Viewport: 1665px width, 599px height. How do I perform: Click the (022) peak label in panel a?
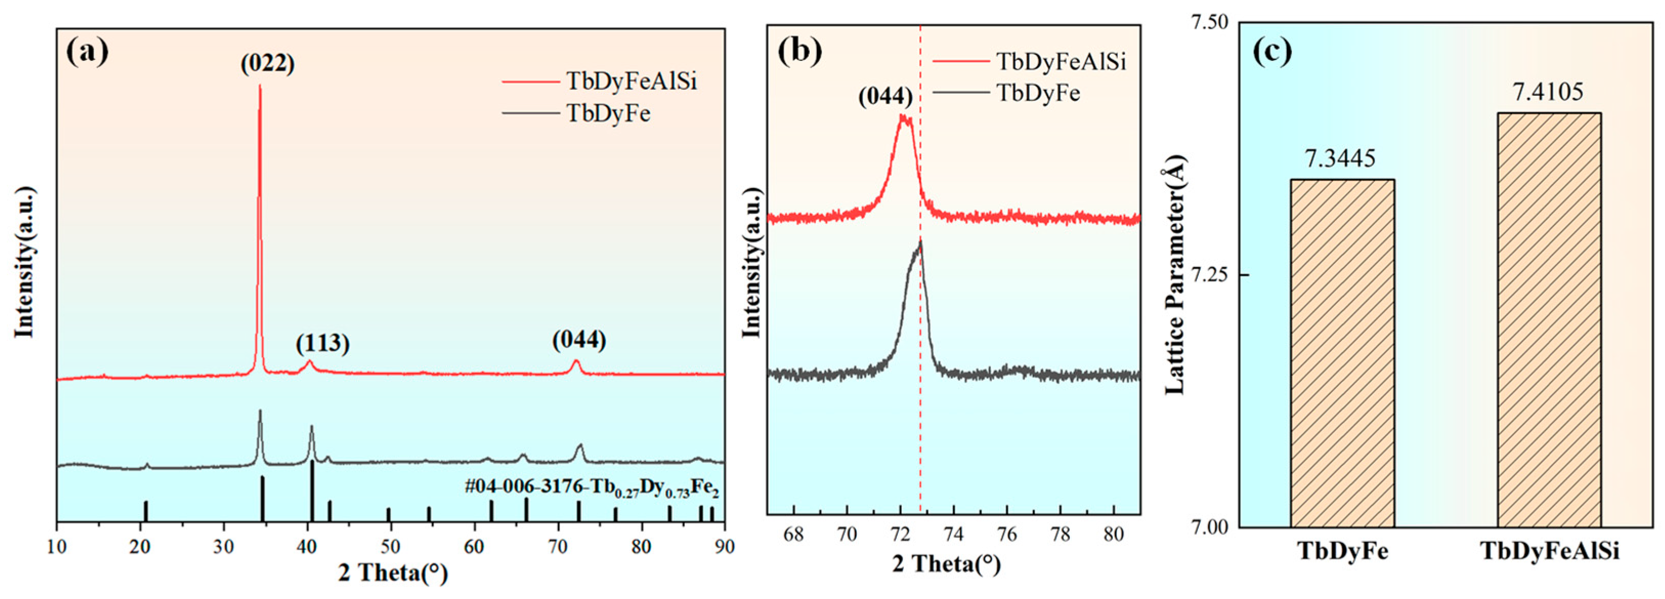coord(268,64)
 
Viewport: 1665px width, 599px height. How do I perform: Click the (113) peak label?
coord(322,343)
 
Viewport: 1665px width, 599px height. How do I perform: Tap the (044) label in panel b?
coord(885,97)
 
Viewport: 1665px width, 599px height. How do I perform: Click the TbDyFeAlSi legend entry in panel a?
coord(632,82)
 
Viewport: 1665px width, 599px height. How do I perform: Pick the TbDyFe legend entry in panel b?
coord(1038,93)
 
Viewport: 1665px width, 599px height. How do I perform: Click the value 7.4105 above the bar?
coord(1549,92)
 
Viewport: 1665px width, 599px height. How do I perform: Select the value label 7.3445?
coord(1341,158)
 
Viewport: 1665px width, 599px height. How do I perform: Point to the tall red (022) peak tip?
coord(260,87)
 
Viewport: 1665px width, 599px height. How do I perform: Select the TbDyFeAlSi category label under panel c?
coord(1549,552)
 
